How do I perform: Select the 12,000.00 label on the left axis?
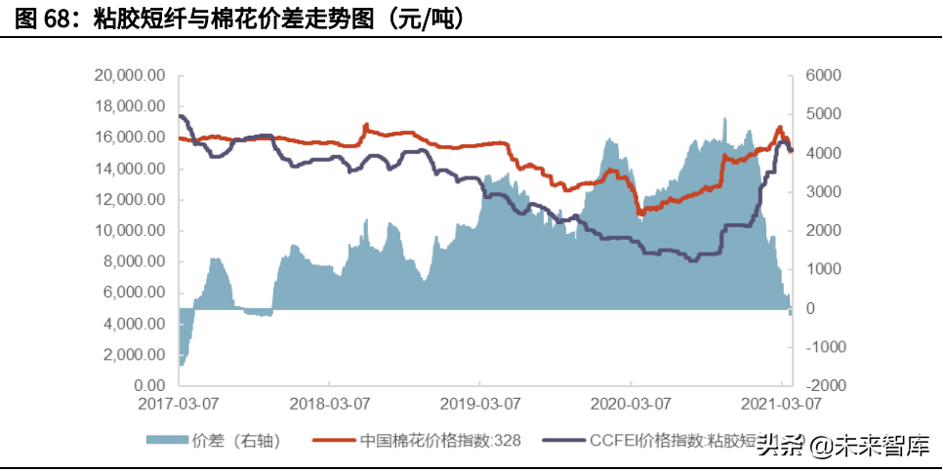coord(130,200)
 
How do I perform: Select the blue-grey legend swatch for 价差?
coord(168,441)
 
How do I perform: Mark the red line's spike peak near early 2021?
coord(779,127)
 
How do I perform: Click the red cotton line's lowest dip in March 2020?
coord(639,213)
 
